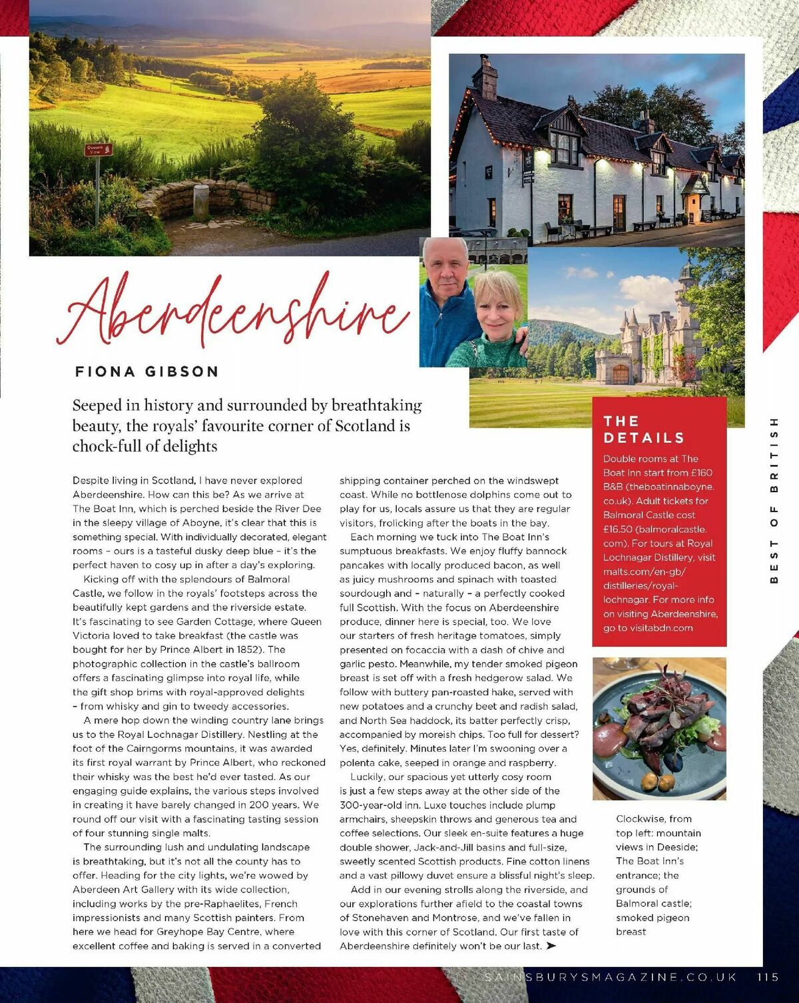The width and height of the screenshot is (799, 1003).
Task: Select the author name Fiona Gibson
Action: (146, 372)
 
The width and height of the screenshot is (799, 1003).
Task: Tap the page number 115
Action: (768, 977)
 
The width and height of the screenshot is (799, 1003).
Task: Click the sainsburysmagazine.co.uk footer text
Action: (611, 977)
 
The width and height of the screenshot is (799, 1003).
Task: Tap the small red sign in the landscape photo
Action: (98, 150)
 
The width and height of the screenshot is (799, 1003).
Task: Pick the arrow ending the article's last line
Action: (551, 946)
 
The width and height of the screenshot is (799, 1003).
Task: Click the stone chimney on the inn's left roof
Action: (485, 79)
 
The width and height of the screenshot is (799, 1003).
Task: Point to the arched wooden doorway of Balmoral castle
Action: (620, 374)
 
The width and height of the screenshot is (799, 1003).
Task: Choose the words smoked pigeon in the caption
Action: (653, 918)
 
